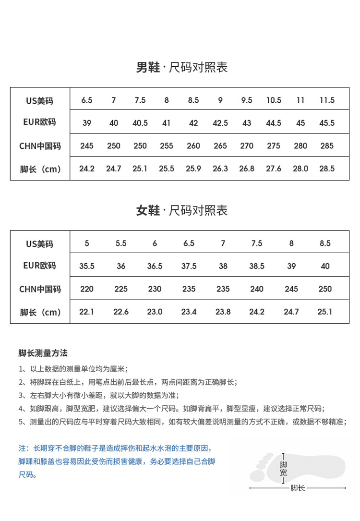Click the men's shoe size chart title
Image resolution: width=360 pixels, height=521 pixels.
click(x=181, y=68)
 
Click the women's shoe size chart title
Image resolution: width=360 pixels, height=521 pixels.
click(x=181, y=211)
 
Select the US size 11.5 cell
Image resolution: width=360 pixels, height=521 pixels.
click(x=327, y=100)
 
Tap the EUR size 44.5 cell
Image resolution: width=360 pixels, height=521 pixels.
click(x=274, y=123)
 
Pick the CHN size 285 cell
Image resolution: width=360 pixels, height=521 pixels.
click(x=327, y=145)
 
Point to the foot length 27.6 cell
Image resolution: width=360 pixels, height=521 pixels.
click(x=274, y=169)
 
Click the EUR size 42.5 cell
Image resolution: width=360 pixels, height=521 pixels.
click(x=220, y=123)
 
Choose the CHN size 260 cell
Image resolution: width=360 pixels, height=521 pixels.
click(x=193, y=145)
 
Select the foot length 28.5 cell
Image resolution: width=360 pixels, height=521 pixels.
click(x=327, y=169)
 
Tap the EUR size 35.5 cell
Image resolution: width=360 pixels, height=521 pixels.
click(x=87, y=266)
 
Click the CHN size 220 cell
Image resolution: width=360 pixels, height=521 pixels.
click(x=87, y=289)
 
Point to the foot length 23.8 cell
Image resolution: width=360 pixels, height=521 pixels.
click(x=223, y=312)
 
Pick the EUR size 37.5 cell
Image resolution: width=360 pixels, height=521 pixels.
click(x=189, y=266)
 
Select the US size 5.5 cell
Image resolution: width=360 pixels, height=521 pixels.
click(x=121, y=243)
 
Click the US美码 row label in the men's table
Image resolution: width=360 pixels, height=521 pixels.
click(x=40, y=101)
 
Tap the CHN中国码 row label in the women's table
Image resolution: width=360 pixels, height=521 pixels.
click(x=40, y=290)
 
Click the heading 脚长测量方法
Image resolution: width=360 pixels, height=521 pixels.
click(x=43, y=353)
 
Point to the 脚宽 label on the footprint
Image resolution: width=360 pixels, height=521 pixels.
click(x=284, y=469)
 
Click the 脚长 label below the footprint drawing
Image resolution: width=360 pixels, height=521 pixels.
click(x=298, y=488)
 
